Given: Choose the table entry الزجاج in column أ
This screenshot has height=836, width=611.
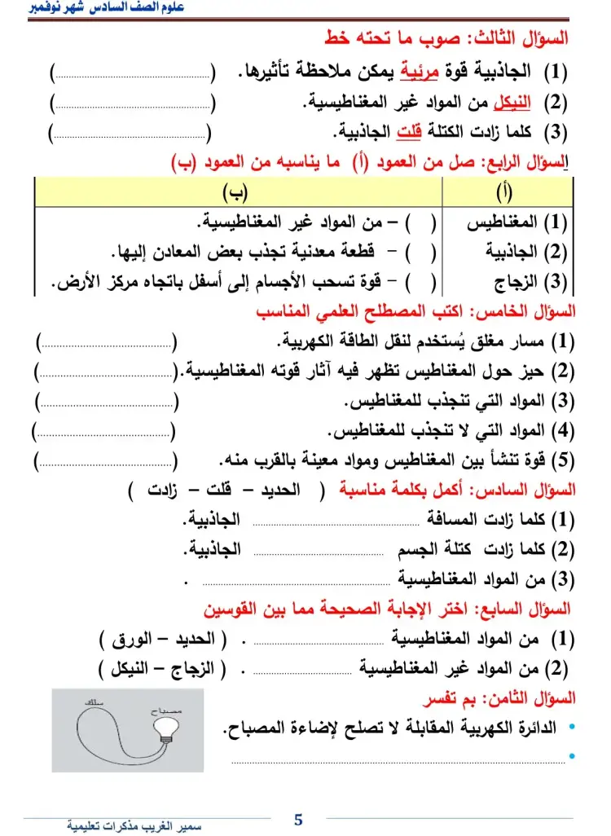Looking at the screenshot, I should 516,283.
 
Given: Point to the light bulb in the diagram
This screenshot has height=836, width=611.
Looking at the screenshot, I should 170,731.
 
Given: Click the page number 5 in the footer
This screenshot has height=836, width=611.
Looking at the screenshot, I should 298,820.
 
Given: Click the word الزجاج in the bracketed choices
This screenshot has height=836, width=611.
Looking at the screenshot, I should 192,670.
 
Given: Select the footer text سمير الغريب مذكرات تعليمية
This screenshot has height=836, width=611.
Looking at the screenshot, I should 134,825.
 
